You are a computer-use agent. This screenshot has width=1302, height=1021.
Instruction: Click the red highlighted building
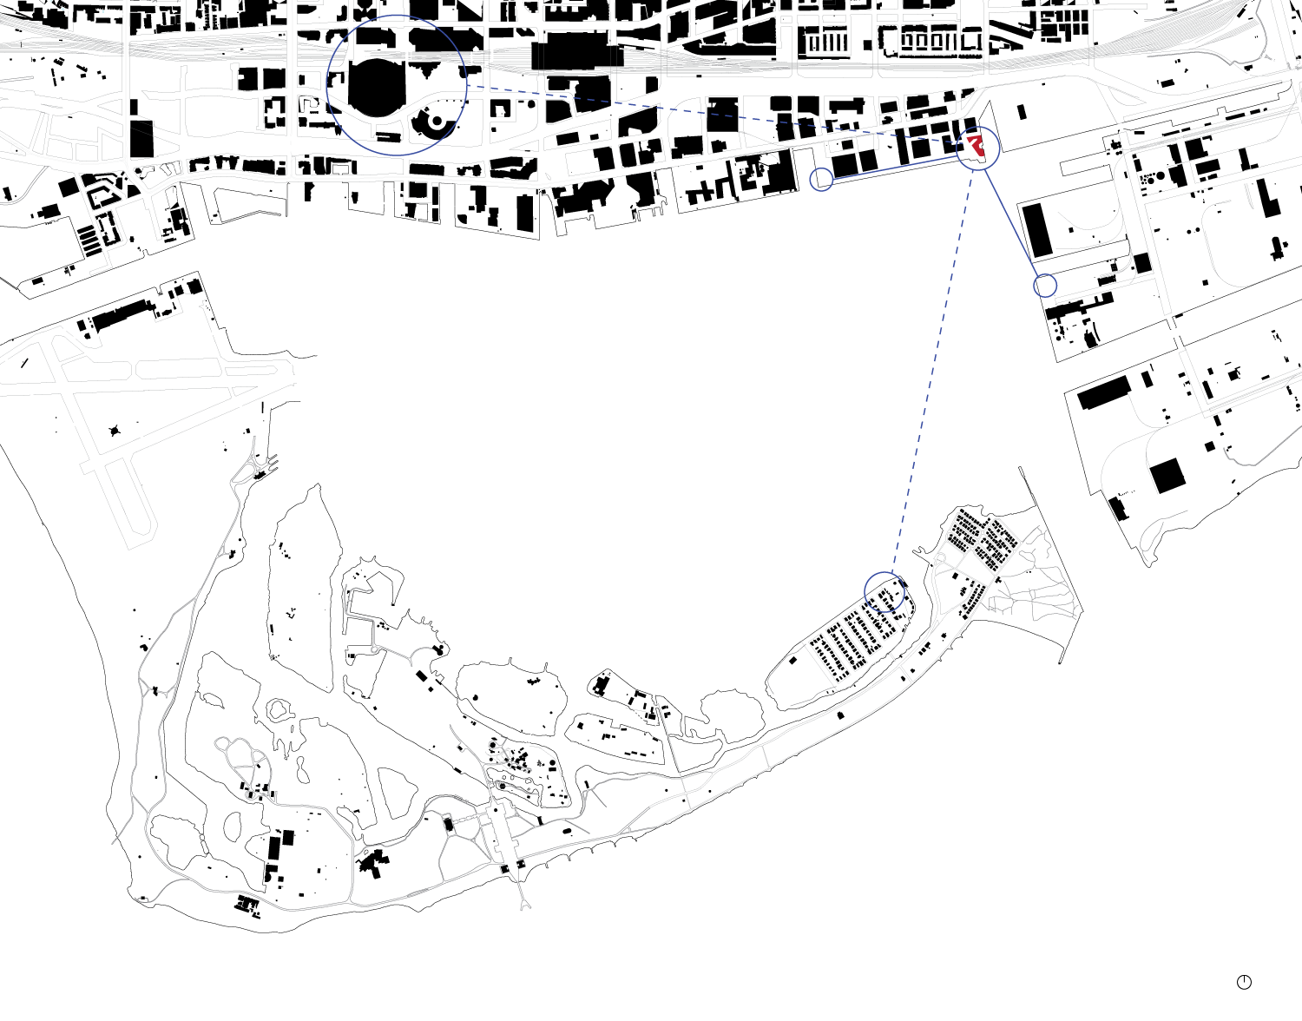976,144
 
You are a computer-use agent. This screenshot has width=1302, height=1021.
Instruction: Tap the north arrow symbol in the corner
1244,982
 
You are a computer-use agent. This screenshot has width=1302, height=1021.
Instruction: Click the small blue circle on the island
885,592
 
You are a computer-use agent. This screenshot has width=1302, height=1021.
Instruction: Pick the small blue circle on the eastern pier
1046,285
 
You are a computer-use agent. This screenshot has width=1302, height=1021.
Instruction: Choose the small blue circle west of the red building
821,180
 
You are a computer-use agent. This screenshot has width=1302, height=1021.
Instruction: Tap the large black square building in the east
1167,476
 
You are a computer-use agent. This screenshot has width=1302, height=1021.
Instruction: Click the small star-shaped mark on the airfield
115,431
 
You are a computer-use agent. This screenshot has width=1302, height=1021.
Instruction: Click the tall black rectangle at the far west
141,138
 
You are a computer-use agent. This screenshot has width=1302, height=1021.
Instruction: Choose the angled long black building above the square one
1104,393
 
